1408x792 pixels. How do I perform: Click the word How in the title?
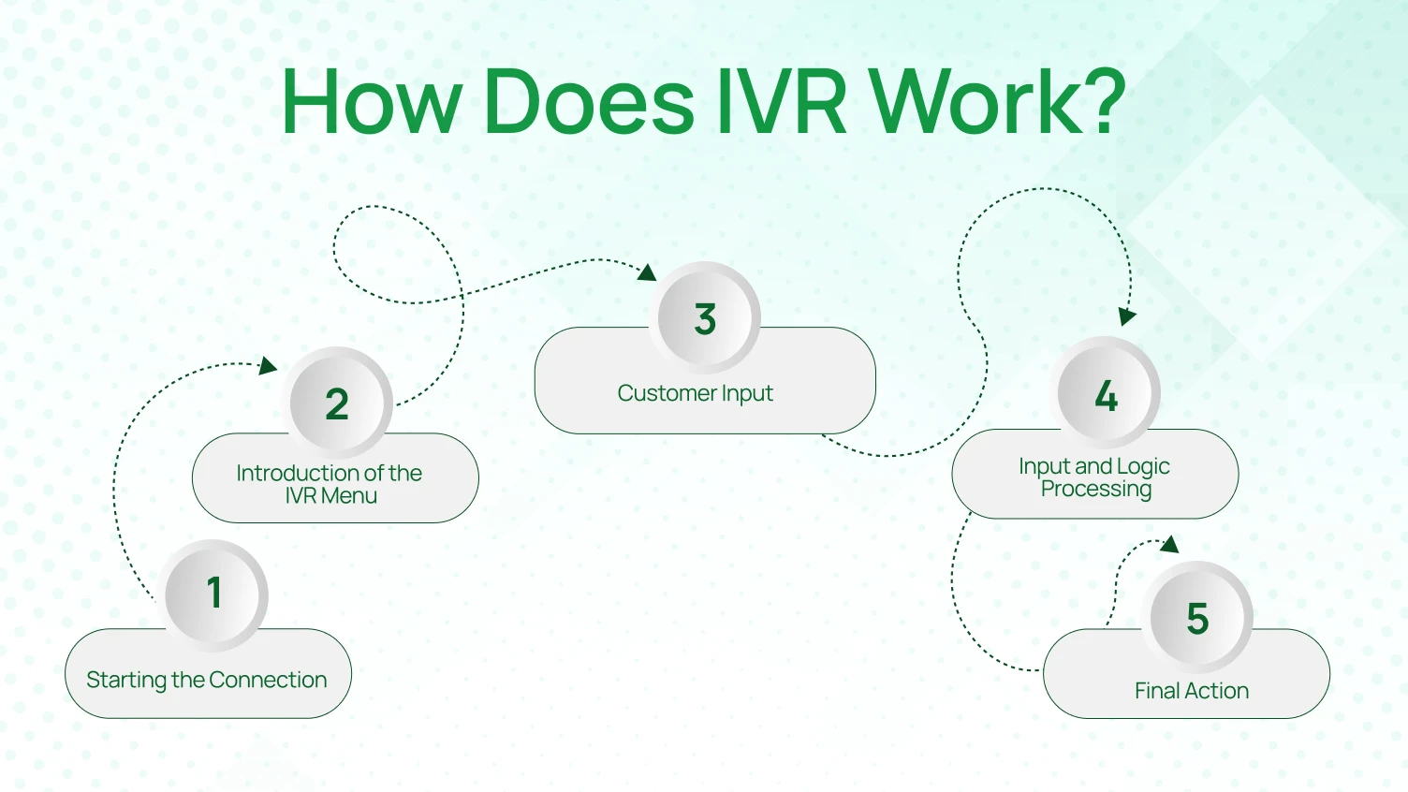point(372,101)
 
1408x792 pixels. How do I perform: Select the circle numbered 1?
point(214,594)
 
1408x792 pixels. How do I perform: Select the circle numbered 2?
point(337,404)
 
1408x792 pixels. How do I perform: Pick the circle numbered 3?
point(705,319)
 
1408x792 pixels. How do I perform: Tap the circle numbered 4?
point(1107,395)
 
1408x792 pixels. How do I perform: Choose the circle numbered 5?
point(1197,619)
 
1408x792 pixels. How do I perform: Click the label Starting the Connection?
point(207,680)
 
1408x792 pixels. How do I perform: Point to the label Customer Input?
point(695,393)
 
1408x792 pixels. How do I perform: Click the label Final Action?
point(1192,691)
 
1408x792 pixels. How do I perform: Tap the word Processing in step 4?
point(1096,489)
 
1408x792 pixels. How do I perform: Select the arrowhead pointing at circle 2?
point(268,365)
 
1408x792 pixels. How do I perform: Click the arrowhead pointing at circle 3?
point(646,272)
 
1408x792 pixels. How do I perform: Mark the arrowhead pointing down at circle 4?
point(1127,316)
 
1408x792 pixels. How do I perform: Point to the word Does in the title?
point(589,101)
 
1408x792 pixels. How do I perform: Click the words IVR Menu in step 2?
point(331,496)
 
